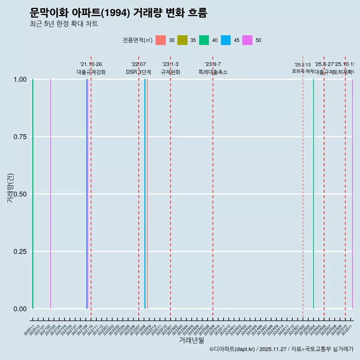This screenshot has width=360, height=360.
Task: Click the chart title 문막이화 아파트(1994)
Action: tap(118, 13)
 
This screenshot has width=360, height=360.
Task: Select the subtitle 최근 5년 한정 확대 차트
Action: tap(64, 24)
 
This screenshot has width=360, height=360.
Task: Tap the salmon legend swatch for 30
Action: tap(160, 40)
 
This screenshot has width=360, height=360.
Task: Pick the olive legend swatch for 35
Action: tap(182, 40)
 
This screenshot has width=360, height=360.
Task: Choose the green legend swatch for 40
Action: tap(204, 40)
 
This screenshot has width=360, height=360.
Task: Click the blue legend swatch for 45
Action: tap(226, 40)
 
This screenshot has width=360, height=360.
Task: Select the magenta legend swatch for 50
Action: tap(247, 40)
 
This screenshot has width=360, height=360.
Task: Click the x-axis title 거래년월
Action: tap(191, 340)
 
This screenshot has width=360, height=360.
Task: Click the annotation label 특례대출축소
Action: tap(213, 72)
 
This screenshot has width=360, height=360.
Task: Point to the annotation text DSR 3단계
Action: tap(138, 72)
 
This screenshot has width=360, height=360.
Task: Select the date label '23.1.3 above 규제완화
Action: tap(170, 64)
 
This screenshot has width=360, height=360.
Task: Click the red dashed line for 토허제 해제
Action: tap(303, 187)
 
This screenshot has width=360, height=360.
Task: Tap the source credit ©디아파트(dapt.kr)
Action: tap(232, 349)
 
